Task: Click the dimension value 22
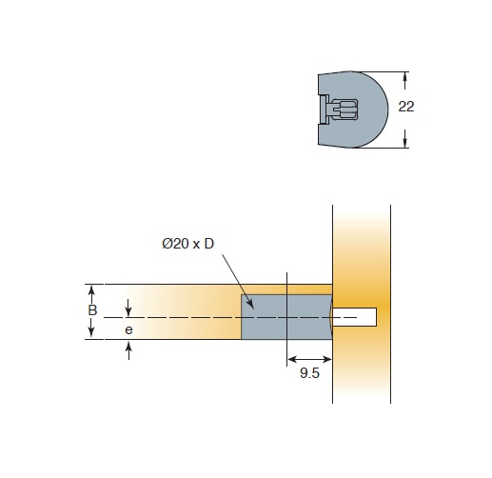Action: coord(406,107)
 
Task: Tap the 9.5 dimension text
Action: coord(309,373)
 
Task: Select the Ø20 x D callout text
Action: coord(188,244)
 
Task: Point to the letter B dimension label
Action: coord(92,310)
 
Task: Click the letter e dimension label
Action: coord(128,330)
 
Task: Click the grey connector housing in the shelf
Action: coord(286,317)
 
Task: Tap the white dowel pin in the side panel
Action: coord(354,317)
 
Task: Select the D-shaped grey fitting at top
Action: coord(353,110)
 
